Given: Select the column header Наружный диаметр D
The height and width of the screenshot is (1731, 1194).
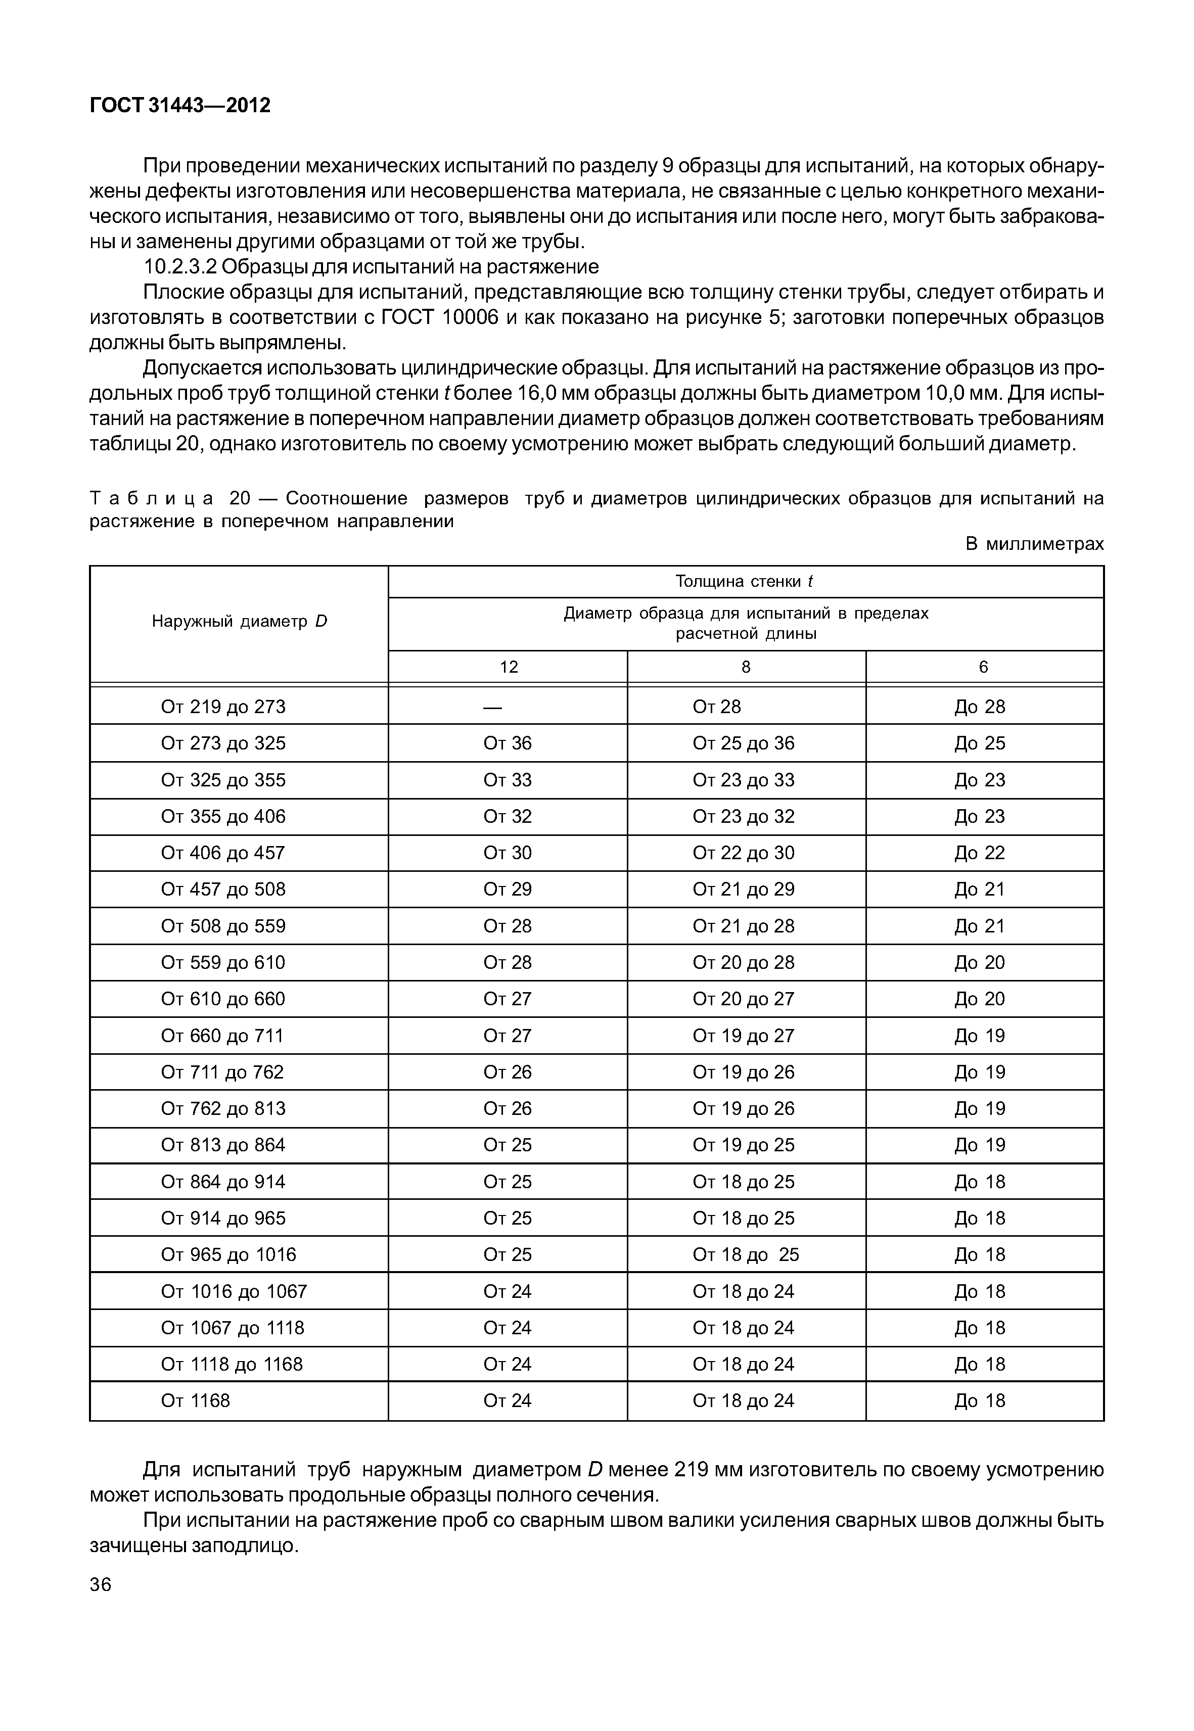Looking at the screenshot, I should pos(240,621).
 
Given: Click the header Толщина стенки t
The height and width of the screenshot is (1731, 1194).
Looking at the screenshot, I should pos(745,581).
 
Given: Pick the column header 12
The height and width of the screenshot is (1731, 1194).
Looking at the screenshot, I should pos(508,667).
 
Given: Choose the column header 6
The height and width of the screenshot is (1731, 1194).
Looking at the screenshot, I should pos(983,667).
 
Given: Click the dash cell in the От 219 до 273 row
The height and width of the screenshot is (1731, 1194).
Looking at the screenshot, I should pos(492,707).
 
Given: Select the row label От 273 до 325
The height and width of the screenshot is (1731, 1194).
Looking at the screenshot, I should pos(223,743).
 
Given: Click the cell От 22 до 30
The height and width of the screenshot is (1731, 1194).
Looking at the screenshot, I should pos(743,854).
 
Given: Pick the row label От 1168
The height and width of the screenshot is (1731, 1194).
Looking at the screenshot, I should pos(195,1401).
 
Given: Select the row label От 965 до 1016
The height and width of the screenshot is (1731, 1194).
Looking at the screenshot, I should pos(228,1254).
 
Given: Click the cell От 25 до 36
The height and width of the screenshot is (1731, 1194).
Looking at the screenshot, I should pos(743,743).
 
